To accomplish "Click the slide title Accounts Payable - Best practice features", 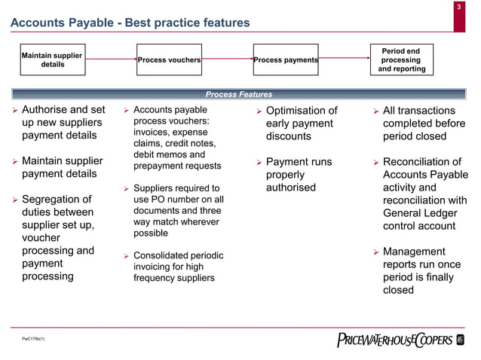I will pos(129,23).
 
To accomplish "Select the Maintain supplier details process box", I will pos(52,59).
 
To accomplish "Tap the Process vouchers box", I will pos(169,60).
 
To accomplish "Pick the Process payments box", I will pos(286,60).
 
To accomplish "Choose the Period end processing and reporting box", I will pos(401,60).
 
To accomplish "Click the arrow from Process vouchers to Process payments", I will pos(227,59).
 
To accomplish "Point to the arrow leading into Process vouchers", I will pos(109,59).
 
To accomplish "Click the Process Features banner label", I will pos(239,95).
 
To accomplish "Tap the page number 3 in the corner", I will pos(460,8).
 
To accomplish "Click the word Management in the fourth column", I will pos(414,252).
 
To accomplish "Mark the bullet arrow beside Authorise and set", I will pos(13,111).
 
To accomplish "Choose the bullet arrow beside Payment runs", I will pos(257,163).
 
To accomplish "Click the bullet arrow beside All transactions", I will pos(374,111).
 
